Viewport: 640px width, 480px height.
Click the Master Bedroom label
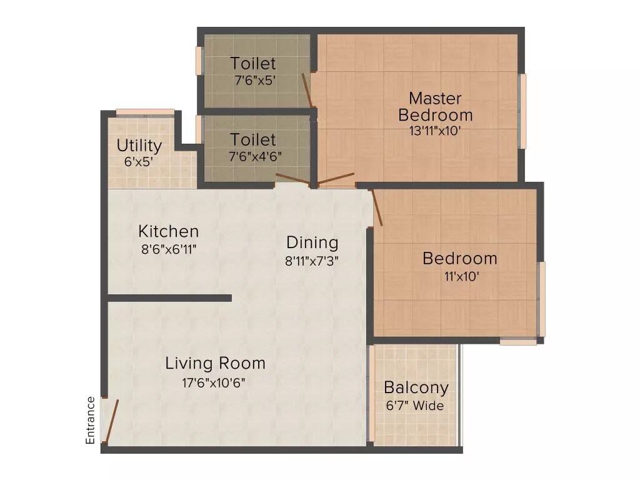(435, 107)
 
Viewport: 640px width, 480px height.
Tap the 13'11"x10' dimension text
(435, 131)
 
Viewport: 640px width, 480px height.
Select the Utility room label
(139, 146)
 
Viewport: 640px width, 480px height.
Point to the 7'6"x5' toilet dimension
(253, 81)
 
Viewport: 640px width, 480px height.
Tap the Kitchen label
(168, 231)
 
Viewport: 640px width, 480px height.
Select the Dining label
(312, 242)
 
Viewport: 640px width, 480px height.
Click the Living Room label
(215, 363)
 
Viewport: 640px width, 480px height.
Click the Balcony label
(416, 387)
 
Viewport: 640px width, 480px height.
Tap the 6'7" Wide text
(415, 406)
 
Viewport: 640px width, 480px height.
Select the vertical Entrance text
(91, 420)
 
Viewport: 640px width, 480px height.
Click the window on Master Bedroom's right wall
(523, 111)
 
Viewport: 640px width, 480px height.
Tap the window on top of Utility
(145, 112)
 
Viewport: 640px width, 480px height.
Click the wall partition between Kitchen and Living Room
(169, 298)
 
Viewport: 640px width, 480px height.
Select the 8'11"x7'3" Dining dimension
(312, 261)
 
